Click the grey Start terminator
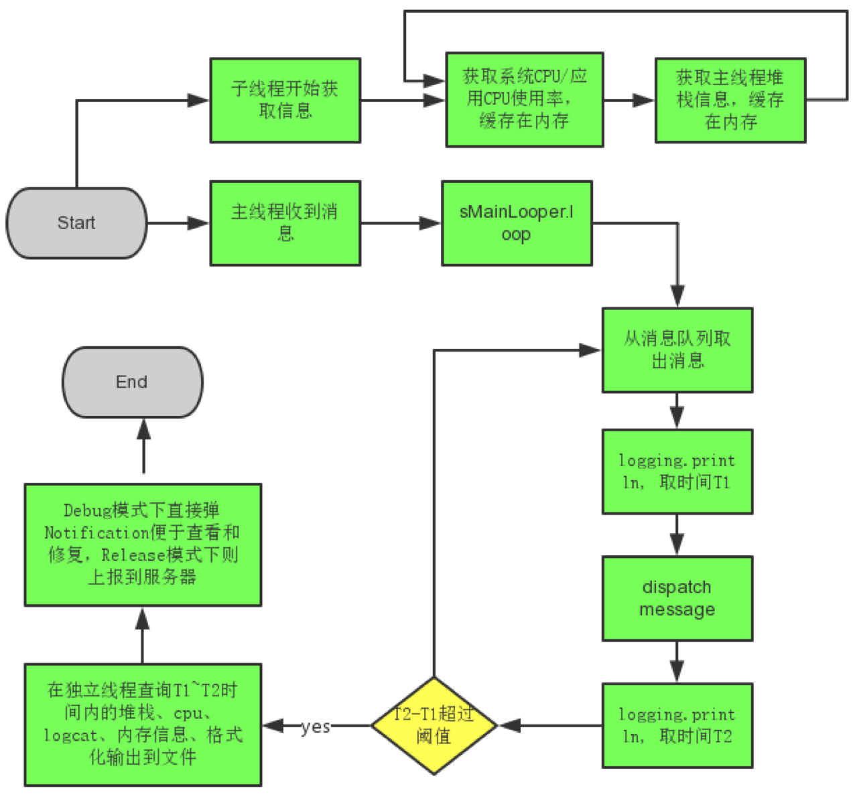point(76,223)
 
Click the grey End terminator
point(132,382)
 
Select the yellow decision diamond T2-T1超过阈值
point(434,725)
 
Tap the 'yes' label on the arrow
point(315,727)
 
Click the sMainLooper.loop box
point(517,223)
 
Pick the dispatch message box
point(677,598)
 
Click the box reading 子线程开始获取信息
point(285,100)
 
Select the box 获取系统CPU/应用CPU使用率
point(525,99)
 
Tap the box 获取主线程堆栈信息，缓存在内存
point(730,100)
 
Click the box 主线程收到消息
point(285,223)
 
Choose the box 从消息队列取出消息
point(677,350)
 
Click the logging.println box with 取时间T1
point(677,471)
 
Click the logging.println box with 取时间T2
point(677,725)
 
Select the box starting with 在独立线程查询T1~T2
point(143,725)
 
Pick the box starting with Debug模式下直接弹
point(143,544)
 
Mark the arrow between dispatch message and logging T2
point(677,662)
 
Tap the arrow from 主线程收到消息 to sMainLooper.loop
point(401,223)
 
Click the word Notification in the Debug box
point(96,533)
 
